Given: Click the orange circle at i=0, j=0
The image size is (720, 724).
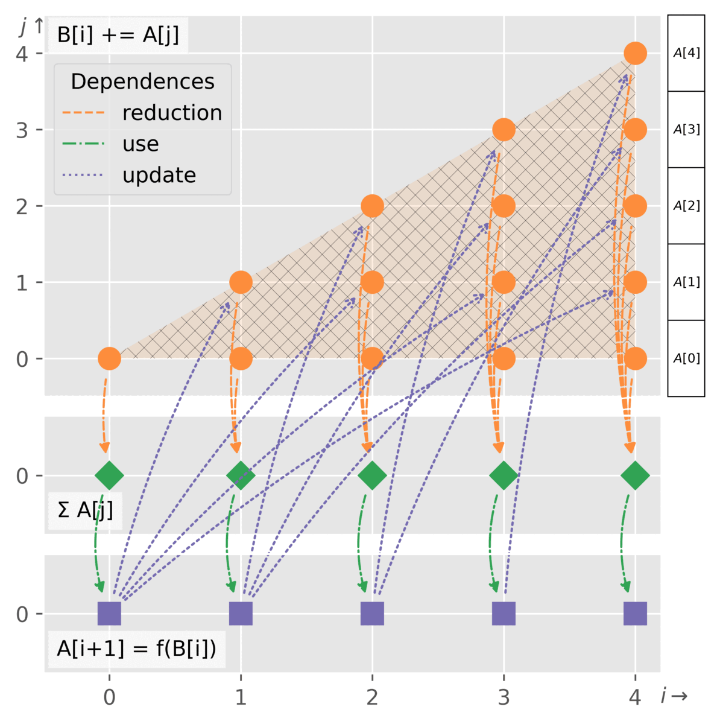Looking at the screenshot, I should pos(109,359).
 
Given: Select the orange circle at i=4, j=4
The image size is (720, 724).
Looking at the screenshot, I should pos(635,53).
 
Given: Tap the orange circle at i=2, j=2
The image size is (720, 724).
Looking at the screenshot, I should pos(372,206).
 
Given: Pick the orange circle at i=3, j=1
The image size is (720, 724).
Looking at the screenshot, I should pos(504,282).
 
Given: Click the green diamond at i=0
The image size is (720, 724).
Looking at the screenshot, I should pos(109,475).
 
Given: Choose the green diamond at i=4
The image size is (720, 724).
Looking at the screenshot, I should pos(635,475).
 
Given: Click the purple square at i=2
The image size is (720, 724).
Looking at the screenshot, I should pos(372,614).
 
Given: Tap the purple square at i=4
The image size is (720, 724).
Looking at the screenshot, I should pos(635,614).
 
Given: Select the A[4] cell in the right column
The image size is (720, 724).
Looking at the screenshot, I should pos(686,53).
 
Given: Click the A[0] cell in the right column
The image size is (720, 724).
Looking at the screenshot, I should pos(686,358).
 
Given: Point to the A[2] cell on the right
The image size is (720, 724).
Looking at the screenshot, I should pos(686,206).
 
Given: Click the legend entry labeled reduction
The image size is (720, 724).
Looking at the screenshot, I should pos(172,113).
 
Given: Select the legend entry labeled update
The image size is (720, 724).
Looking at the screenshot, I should pos(159,176).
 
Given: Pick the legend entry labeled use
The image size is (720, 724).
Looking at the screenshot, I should pos(141,144).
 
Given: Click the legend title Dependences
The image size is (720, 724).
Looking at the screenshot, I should pos(142,81).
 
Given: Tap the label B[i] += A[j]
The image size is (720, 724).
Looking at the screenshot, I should pos(118,34).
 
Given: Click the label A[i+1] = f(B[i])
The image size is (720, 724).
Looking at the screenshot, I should pos(136,649).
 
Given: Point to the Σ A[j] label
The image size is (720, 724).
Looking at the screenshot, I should pos(85,510).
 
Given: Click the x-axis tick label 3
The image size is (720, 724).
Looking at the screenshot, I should pos(504,697).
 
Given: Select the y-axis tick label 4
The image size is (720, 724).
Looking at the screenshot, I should pos(22,54).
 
